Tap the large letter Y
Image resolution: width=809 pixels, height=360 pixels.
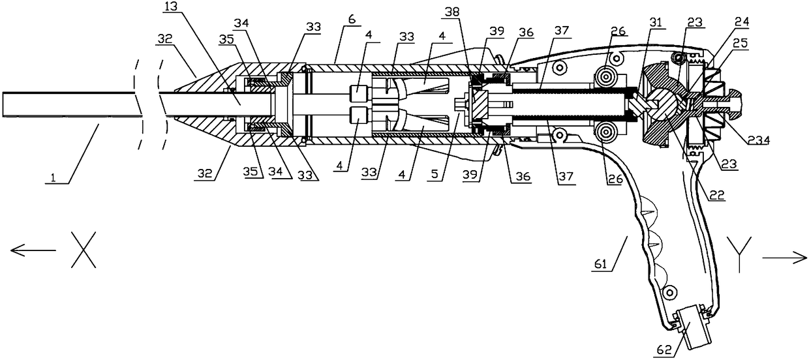click(x=739, y=248)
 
